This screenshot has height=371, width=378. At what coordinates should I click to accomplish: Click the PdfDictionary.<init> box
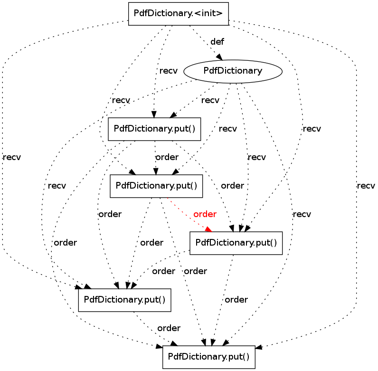(179, 13)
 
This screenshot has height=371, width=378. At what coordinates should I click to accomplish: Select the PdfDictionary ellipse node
(233, 71)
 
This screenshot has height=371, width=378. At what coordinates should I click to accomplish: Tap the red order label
(205, 214)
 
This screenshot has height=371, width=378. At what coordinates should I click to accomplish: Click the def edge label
(217, 42)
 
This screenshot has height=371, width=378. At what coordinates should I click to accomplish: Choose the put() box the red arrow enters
(236, 243)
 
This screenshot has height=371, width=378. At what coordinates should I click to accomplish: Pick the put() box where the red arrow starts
(156, 186)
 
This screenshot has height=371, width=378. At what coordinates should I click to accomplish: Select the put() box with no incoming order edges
(154, 129)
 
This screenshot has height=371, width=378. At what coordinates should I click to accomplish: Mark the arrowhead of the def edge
(219, 57)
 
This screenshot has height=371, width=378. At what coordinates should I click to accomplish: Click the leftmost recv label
(11, 157)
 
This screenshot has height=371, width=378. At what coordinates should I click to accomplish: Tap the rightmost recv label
(366, 186)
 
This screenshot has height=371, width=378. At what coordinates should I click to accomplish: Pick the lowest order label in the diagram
(169, 328)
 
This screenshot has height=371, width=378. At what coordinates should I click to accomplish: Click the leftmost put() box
(124, 300)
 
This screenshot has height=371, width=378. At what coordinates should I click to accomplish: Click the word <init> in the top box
(209, 13)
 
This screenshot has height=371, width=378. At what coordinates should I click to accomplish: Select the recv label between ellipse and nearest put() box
(210, 100)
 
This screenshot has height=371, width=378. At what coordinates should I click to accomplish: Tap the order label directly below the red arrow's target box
(236, 300)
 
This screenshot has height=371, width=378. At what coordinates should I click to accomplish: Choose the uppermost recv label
(168, 71)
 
